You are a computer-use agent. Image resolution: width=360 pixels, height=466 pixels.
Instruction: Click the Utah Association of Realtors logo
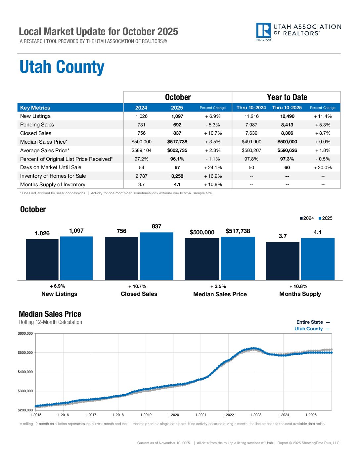point(298,31)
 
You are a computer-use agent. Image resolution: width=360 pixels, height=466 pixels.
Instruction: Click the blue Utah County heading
point(62,67)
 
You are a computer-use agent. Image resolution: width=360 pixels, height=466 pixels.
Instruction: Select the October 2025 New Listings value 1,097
point(177,116)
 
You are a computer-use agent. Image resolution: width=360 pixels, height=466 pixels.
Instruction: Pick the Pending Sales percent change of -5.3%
point(212,125)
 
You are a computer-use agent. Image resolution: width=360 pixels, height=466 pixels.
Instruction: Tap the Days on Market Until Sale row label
point(51,167)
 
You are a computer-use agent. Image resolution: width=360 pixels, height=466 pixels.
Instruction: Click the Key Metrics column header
point(35,108)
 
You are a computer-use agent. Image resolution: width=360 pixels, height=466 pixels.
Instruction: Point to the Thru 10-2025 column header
point(287,108)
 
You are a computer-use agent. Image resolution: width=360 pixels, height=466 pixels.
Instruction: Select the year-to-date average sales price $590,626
point(287,150)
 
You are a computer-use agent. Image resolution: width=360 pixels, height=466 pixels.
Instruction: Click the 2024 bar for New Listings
point(42,259)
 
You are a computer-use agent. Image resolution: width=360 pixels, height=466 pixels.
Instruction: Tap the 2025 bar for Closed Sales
point(157,256)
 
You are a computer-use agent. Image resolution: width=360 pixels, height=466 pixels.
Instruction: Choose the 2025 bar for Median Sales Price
point(238,258)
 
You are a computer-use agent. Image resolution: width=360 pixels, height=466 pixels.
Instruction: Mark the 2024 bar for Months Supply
point(283,261)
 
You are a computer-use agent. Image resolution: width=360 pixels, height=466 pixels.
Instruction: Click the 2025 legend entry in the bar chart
point(325,218)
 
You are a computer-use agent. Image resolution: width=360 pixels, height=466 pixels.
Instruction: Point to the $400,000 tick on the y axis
point(25,372)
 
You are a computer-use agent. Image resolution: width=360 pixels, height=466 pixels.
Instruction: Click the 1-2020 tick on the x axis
point(173,415)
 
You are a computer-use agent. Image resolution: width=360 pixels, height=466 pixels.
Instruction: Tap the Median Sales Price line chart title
point(50,314)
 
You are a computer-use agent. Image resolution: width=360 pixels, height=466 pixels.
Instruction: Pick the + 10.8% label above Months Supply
point(298,286)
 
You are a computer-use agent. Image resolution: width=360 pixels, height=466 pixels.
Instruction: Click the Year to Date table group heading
point(287,97)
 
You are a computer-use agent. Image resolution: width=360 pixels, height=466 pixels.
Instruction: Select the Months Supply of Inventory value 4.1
point(177,185)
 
